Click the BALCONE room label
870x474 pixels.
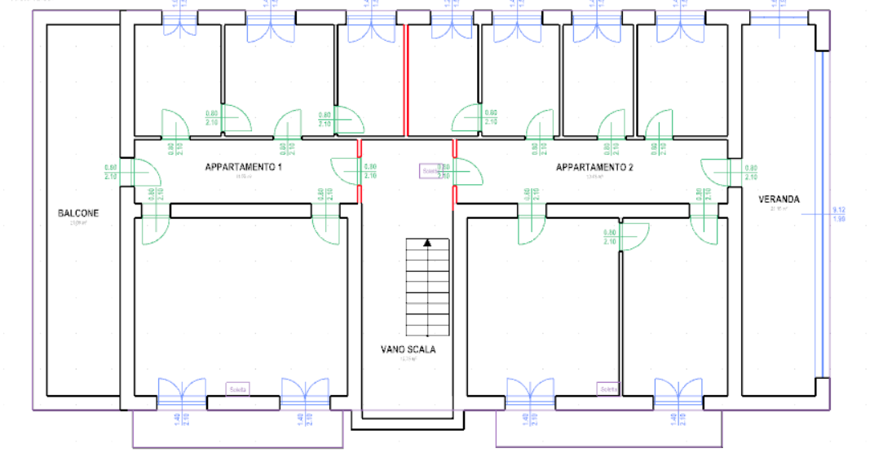[78, 213]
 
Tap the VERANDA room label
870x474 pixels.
[779, 199]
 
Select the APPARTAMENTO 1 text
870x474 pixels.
[243, 168]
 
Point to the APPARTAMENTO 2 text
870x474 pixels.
[594, 168]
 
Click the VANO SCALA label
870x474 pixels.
[408, 349]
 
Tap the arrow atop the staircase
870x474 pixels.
[426, 242]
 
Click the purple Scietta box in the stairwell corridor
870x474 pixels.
[429, 171]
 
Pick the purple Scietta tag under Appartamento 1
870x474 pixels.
[238, 388]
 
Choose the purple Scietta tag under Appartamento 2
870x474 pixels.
[608, 388]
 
